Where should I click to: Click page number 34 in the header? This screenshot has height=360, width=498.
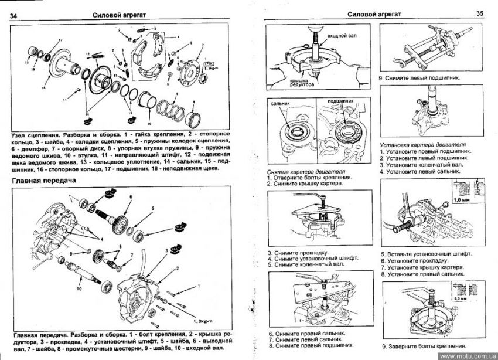coord(14,15)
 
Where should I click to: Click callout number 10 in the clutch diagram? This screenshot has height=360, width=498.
coord(149,124)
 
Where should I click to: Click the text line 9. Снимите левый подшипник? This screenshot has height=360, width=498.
coord(418,77)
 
